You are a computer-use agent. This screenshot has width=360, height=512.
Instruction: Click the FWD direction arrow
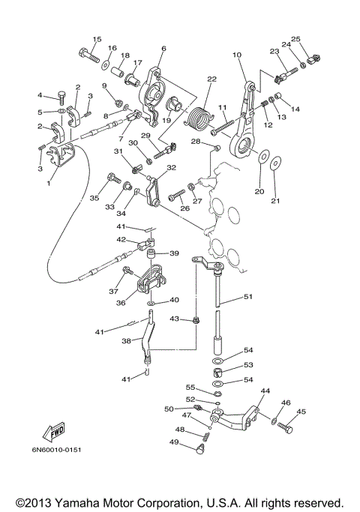[53, 431]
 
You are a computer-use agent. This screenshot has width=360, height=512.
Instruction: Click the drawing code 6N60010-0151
[56, 450]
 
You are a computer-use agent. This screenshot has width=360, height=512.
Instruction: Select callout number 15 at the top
[97, 39]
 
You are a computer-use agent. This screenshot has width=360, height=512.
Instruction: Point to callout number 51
[248, 297]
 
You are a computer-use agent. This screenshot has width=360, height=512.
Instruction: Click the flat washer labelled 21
[275, 163]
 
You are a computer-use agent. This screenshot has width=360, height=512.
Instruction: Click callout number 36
[121, 303]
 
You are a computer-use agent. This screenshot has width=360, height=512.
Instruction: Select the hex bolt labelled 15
[88, 55]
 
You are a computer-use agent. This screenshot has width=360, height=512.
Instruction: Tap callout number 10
[237, 55]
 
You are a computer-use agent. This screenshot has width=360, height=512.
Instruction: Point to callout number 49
[174, 442]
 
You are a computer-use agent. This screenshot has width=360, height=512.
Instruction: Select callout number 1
[49, 183]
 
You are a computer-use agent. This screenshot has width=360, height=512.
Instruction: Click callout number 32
[172, 167]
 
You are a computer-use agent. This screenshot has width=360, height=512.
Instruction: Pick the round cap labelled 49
[200, 450]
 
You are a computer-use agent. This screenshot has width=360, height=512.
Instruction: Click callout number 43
[175, 319]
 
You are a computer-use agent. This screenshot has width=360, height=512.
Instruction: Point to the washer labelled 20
[264, 156]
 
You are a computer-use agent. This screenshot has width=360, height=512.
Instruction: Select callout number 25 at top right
[295, 39]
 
